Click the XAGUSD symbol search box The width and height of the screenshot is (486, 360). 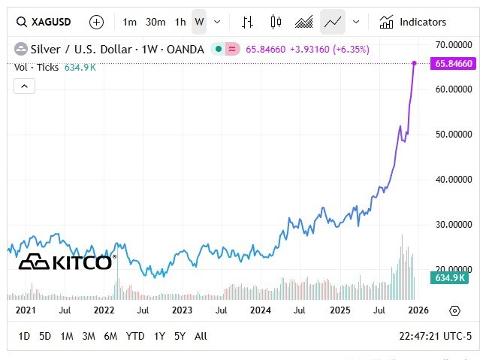(x=46, y=22)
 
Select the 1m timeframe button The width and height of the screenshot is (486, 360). (x=130, y=22)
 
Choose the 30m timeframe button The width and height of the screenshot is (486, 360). (x=155, y=22)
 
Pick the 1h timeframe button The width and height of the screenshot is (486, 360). (x=180, y=22)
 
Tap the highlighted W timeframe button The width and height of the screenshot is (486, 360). (x=199, y=22)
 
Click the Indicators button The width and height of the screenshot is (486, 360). (x=413, y=22)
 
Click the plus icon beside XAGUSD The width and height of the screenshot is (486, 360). (x=97, y=22)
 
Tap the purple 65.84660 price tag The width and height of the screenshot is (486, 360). (x=453, y=64)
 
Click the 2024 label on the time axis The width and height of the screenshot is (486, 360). (x=260, y=310)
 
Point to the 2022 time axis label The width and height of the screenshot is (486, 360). (x=104, y=310)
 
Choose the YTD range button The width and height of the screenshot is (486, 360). (x=135, y=336)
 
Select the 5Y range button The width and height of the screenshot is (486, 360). (x=180, y=336)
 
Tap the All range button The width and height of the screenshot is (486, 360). (x=201, y=336)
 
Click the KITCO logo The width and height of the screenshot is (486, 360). (x=65, y=262)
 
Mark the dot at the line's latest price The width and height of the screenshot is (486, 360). (x=414, y=62)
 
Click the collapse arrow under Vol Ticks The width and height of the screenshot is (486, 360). (x=25, y=86)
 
